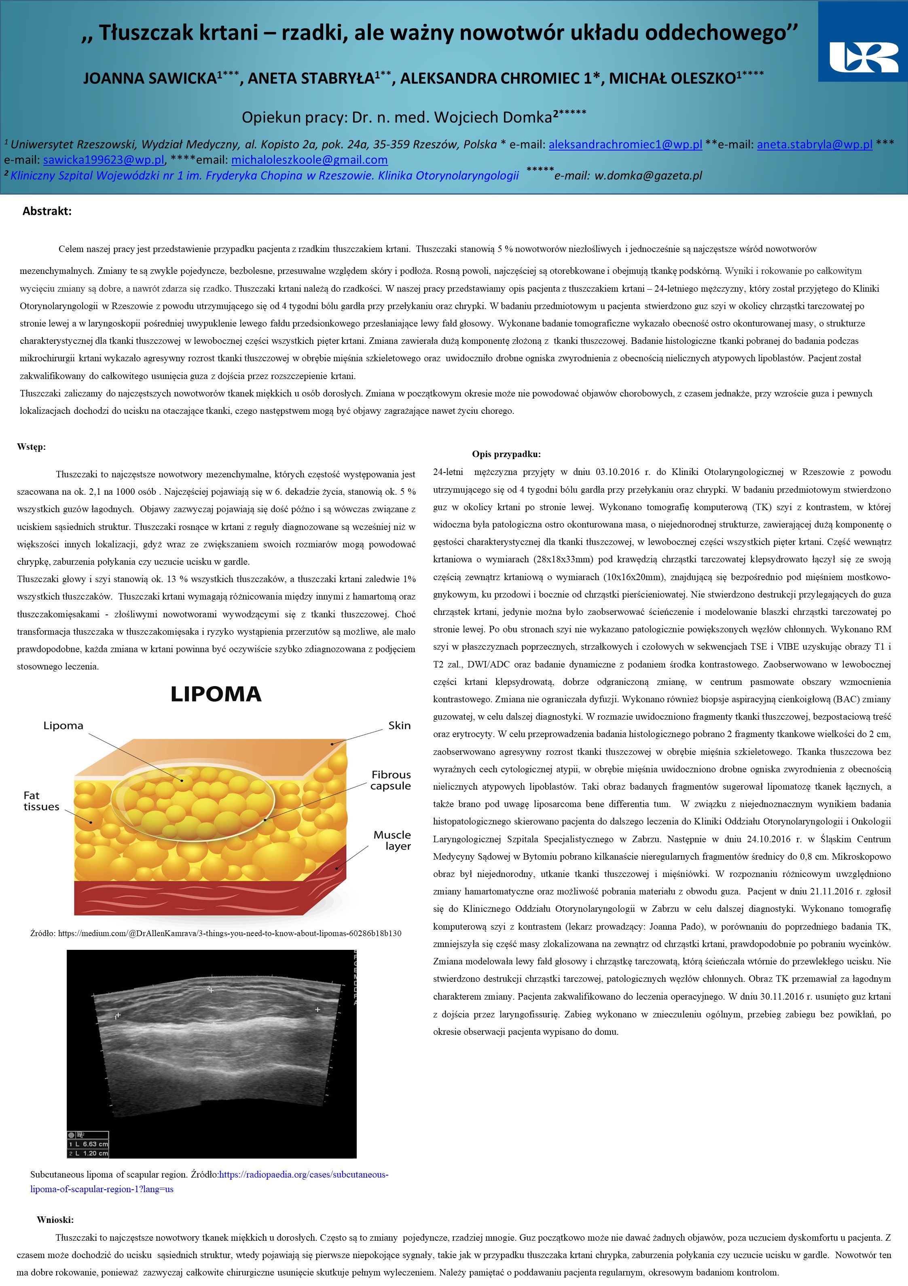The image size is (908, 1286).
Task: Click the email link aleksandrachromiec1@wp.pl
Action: [x=625, y=144]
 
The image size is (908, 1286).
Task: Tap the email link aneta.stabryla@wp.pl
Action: [x=815, y=144]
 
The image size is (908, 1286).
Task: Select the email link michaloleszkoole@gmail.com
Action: [x=309, y=160]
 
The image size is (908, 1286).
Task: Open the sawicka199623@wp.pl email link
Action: [x=104, y=160]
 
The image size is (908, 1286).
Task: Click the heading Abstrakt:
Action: [x=47, y=211]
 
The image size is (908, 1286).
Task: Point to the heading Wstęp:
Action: [x=32, y=447]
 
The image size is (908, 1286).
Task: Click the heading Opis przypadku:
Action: [x=506, y=454]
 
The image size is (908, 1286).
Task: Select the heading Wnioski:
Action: [x=55, y=1220]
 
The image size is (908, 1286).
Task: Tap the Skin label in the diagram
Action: [x=399, y=725]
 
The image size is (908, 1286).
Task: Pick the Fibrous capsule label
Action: [x=391, y=780]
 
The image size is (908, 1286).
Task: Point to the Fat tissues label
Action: [x=41, y=801]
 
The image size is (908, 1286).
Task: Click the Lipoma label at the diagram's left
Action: [x=63, y=725]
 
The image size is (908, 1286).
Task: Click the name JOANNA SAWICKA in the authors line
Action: [x=150, y=78]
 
